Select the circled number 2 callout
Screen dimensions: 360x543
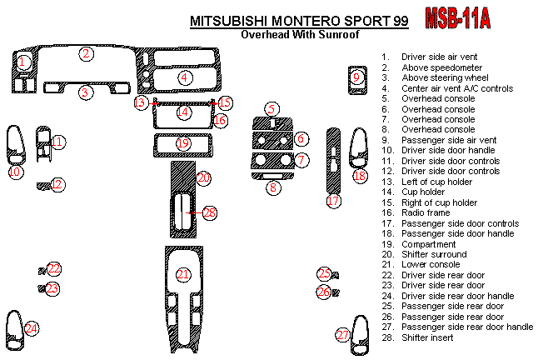86,54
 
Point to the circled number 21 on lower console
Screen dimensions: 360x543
183,275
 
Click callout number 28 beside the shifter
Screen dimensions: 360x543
209,213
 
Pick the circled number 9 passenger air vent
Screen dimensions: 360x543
356,78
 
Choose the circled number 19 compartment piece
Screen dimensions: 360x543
183,144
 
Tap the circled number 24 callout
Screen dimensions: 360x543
32,329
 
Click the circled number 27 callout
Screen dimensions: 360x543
343,335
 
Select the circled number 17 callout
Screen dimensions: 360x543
333,201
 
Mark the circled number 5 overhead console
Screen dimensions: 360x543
271,109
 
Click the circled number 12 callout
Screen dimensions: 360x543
57,184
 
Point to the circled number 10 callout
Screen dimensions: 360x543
15,172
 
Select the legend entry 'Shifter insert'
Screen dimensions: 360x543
428,337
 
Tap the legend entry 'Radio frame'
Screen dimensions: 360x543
425,213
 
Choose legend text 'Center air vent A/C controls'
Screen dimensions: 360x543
457,88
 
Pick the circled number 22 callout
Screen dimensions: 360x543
54,268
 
